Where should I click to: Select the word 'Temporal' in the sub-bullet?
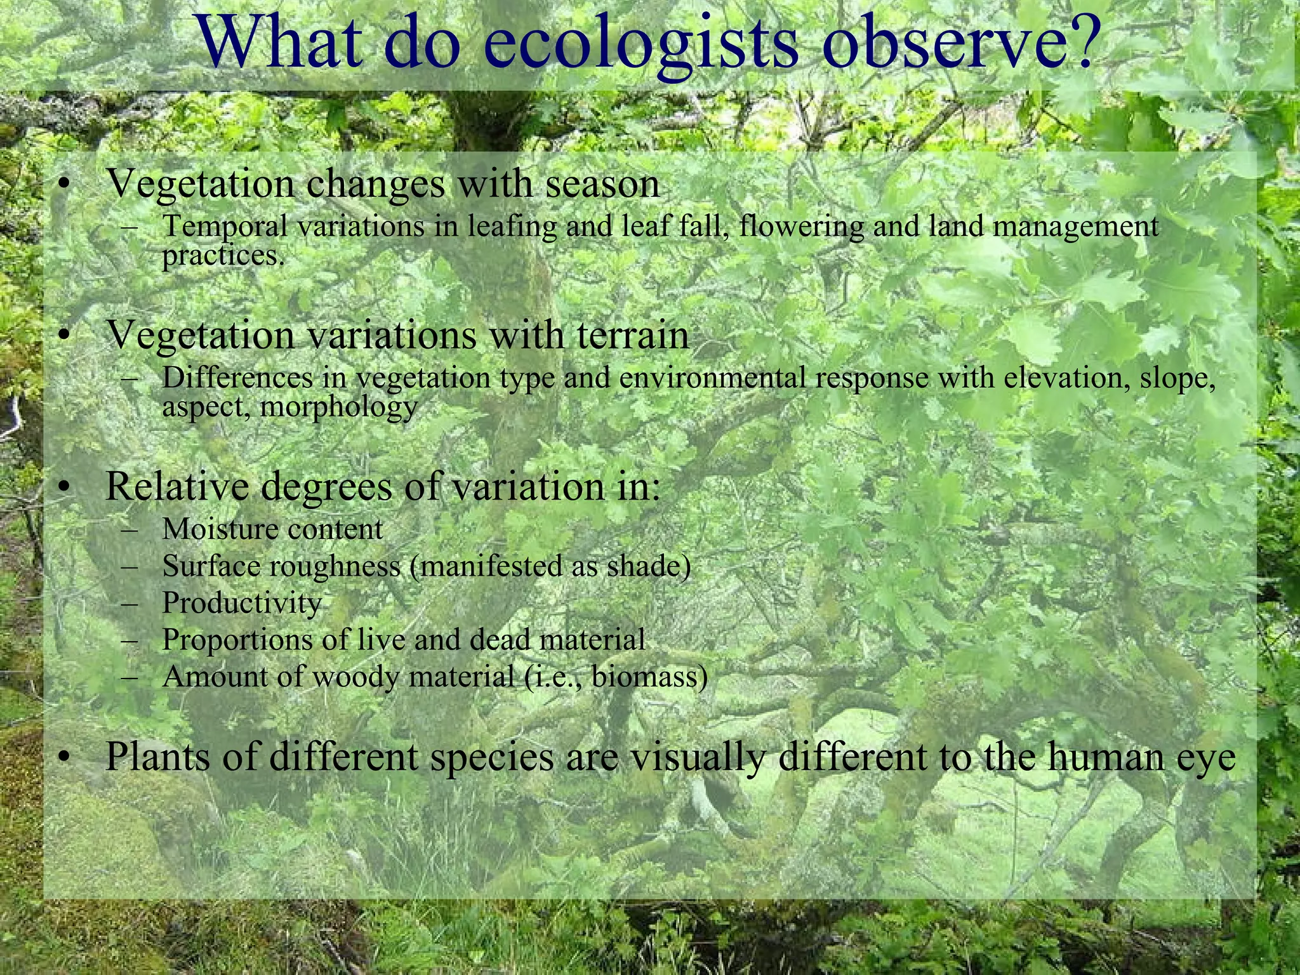pos(225,227)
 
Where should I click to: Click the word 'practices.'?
pos(223,256)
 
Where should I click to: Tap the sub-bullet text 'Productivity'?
pos(242,603)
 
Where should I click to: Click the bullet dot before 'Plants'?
pos(62,758)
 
